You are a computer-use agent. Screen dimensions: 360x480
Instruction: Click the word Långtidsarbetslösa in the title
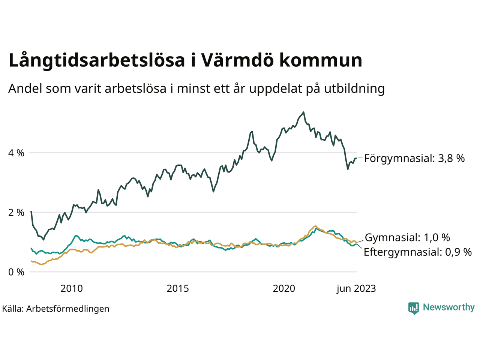tap(97, 61)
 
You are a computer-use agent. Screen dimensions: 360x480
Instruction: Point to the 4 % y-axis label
tap(16, 153)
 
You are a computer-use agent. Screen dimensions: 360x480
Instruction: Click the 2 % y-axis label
tap(16, 213)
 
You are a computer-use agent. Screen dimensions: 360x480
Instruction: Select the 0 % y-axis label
tap(16, 272)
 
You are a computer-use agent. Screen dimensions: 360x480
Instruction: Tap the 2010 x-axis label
tap(72, 288)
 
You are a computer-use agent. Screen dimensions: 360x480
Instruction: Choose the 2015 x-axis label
tap(178, 288)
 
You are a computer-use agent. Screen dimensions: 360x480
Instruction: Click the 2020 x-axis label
tap(284, 288)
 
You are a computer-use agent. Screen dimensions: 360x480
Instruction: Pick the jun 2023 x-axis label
tap(356, 288)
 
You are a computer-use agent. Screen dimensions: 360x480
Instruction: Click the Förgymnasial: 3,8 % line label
tap(414, 158)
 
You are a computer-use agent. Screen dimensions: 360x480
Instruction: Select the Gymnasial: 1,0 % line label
tap(407, 237)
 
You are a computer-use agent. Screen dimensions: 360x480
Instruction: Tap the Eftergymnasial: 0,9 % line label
tap(418, 252)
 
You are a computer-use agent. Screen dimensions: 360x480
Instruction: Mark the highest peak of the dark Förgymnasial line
tap(303, 112)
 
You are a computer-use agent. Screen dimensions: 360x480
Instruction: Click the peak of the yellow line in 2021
tap(316, 226)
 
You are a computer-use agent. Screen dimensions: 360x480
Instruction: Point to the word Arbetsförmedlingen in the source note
tap(68, 309)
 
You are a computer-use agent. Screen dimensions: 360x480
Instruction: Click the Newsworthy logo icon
tap(414, 308)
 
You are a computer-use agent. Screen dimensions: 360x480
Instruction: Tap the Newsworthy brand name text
tap(448, 307)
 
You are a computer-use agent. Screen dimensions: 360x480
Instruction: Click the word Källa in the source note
tap(13, 309)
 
